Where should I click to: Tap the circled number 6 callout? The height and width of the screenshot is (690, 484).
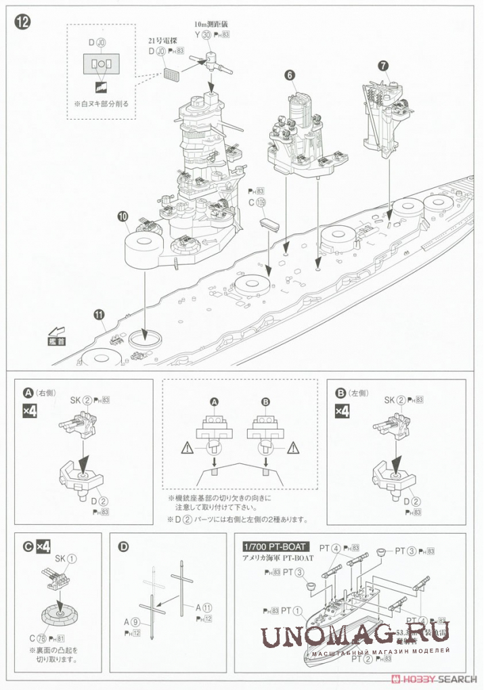point(290,76)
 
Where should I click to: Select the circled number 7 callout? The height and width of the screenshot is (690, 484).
point(383,66)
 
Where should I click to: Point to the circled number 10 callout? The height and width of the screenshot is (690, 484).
point(122,217)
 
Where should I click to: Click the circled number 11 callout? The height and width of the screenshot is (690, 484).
point(100,315)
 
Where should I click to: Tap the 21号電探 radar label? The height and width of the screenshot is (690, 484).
point(163,41)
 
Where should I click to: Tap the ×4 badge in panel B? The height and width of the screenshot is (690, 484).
point(342,411)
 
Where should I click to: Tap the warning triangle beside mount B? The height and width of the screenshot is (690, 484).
point(293,447)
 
